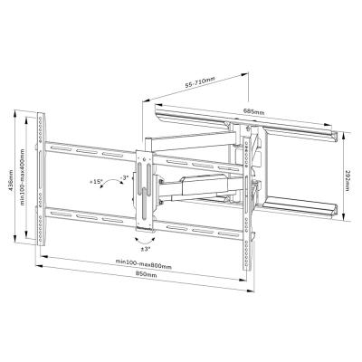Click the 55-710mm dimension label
[x=200, y=84]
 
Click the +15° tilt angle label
[x=97, y=181]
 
